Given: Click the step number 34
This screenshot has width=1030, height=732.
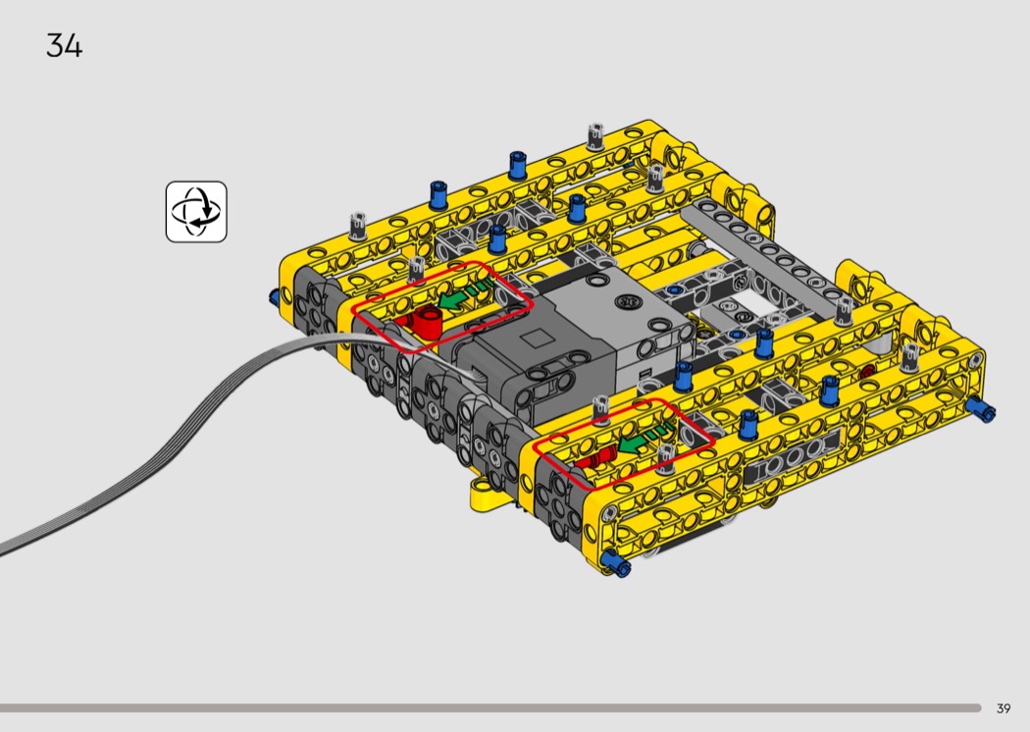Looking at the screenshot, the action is [x=65, y=45].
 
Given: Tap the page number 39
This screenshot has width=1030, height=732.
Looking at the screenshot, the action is [x=1004, y=708].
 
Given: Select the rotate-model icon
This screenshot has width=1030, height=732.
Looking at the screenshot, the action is [x=196, y=212].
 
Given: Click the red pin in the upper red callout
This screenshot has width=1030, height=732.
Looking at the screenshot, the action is [x=422, y=321].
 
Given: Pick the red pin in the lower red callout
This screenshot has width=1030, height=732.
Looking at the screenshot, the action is [x=595, y=457].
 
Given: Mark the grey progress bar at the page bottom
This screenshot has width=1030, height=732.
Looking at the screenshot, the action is [x=490, y=708].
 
